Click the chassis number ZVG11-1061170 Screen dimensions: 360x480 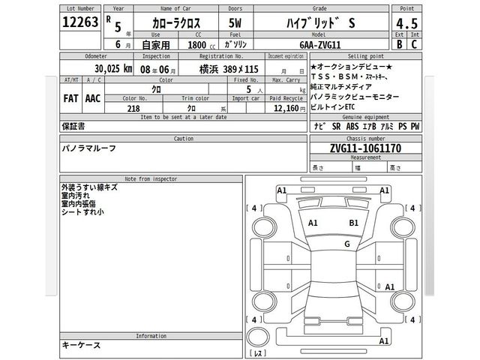pyautogui.click(x=355, y=149)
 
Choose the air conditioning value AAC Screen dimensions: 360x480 pyautogui.click(x=94, y=98)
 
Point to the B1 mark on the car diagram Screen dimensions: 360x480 pyautogui.click(x=354, y=223)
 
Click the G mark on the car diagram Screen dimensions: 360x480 pyautogui.click(x=346, y=244)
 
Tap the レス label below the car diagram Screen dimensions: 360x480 pyautogui.click(x=257, y=352)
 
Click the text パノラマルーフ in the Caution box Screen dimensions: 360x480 pyautogui.click(x=88, y=149)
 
